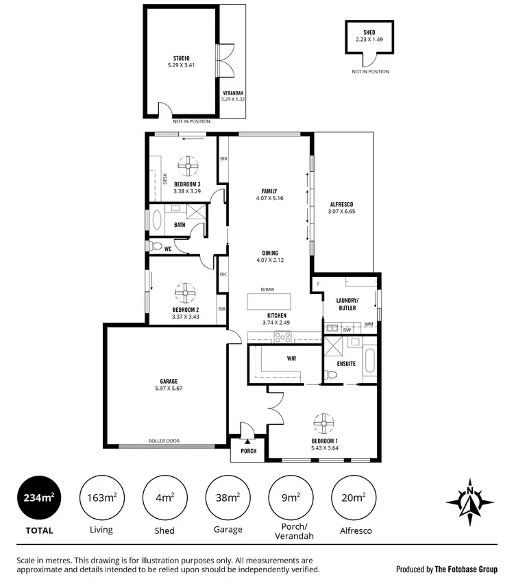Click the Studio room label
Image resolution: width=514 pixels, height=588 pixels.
(181, 58)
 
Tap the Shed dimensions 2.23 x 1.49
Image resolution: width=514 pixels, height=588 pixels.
(369, 40)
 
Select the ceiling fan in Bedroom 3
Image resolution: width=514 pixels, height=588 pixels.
(187, 164)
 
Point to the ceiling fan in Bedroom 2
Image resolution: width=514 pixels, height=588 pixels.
(185, 293)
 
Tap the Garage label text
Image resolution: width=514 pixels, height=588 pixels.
(169, 381)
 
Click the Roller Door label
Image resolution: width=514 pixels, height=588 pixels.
(164, 441)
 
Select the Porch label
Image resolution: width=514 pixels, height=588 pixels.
(248, 451)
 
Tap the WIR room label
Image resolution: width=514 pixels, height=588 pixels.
(291, 358)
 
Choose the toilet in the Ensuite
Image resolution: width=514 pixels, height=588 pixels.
(332, 376)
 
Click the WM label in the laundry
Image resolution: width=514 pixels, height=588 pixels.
(369, 323)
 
